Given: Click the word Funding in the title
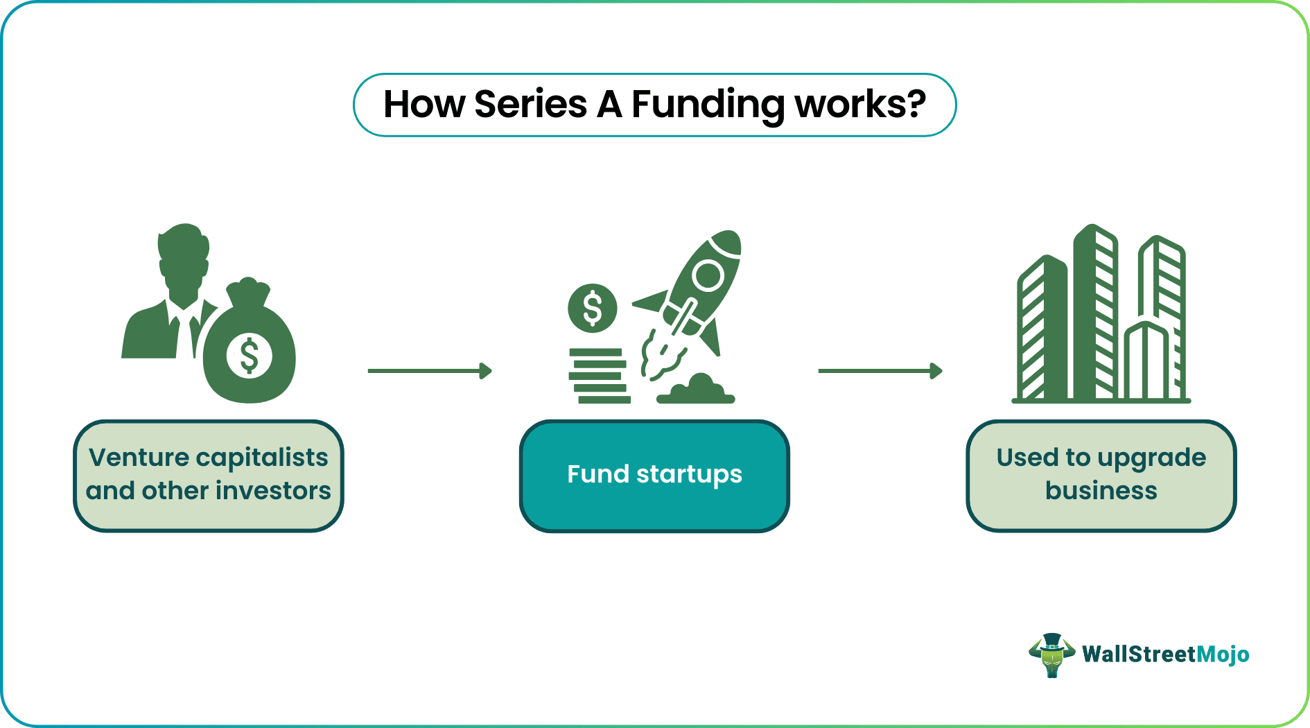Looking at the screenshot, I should (x=708, y=105).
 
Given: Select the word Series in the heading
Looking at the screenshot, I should (x=530, y=105).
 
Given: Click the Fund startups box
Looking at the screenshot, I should (x=654, y=476).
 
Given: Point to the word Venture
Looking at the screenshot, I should (x=139, y=458).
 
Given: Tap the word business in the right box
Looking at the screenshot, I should (x=1101, y=491).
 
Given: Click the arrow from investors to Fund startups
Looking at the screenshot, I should (x=430, y=371).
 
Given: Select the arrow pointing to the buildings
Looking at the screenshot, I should (x=880, y=371).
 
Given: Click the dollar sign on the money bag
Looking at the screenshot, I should (x=250, y=355).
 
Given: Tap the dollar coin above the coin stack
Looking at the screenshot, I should (x=592, y=309).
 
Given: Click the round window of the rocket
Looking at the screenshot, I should (x=708, y=275).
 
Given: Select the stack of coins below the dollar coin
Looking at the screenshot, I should (x=597, y=376).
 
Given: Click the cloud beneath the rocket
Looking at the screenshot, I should (x=697, y=390).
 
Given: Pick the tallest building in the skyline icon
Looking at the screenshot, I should (x=1095, y=312).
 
